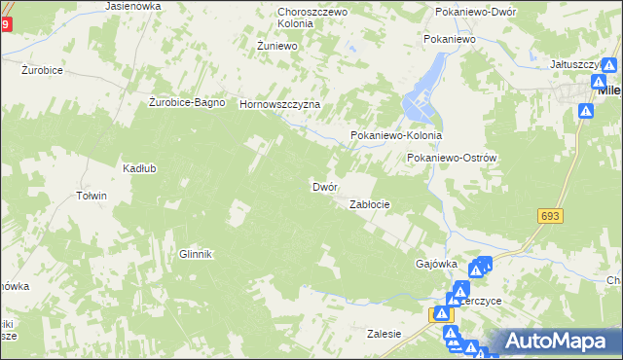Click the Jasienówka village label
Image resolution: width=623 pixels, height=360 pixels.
point(133,6)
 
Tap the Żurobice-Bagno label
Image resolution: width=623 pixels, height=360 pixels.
point(187,102)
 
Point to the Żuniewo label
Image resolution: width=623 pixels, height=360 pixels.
point(275,45)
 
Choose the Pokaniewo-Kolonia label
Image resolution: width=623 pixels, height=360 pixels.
point(396,136)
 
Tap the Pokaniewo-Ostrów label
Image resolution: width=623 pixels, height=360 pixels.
point(453,158)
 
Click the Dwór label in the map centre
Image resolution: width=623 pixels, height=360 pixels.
point(324,186)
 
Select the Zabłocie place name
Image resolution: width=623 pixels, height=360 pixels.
point(370,204)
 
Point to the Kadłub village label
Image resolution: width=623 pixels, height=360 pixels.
point(139,167)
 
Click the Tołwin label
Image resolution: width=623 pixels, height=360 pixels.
point(91,196)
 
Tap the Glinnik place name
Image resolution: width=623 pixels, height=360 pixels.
point(195,254)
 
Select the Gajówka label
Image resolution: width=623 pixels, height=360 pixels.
point(436,264)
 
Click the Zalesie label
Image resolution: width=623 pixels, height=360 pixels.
point(384,334)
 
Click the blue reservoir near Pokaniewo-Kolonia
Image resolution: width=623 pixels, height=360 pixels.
point(428,88)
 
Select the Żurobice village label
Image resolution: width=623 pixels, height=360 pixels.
point(43,70)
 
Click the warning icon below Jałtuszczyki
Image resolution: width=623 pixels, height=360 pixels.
point(585,112)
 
